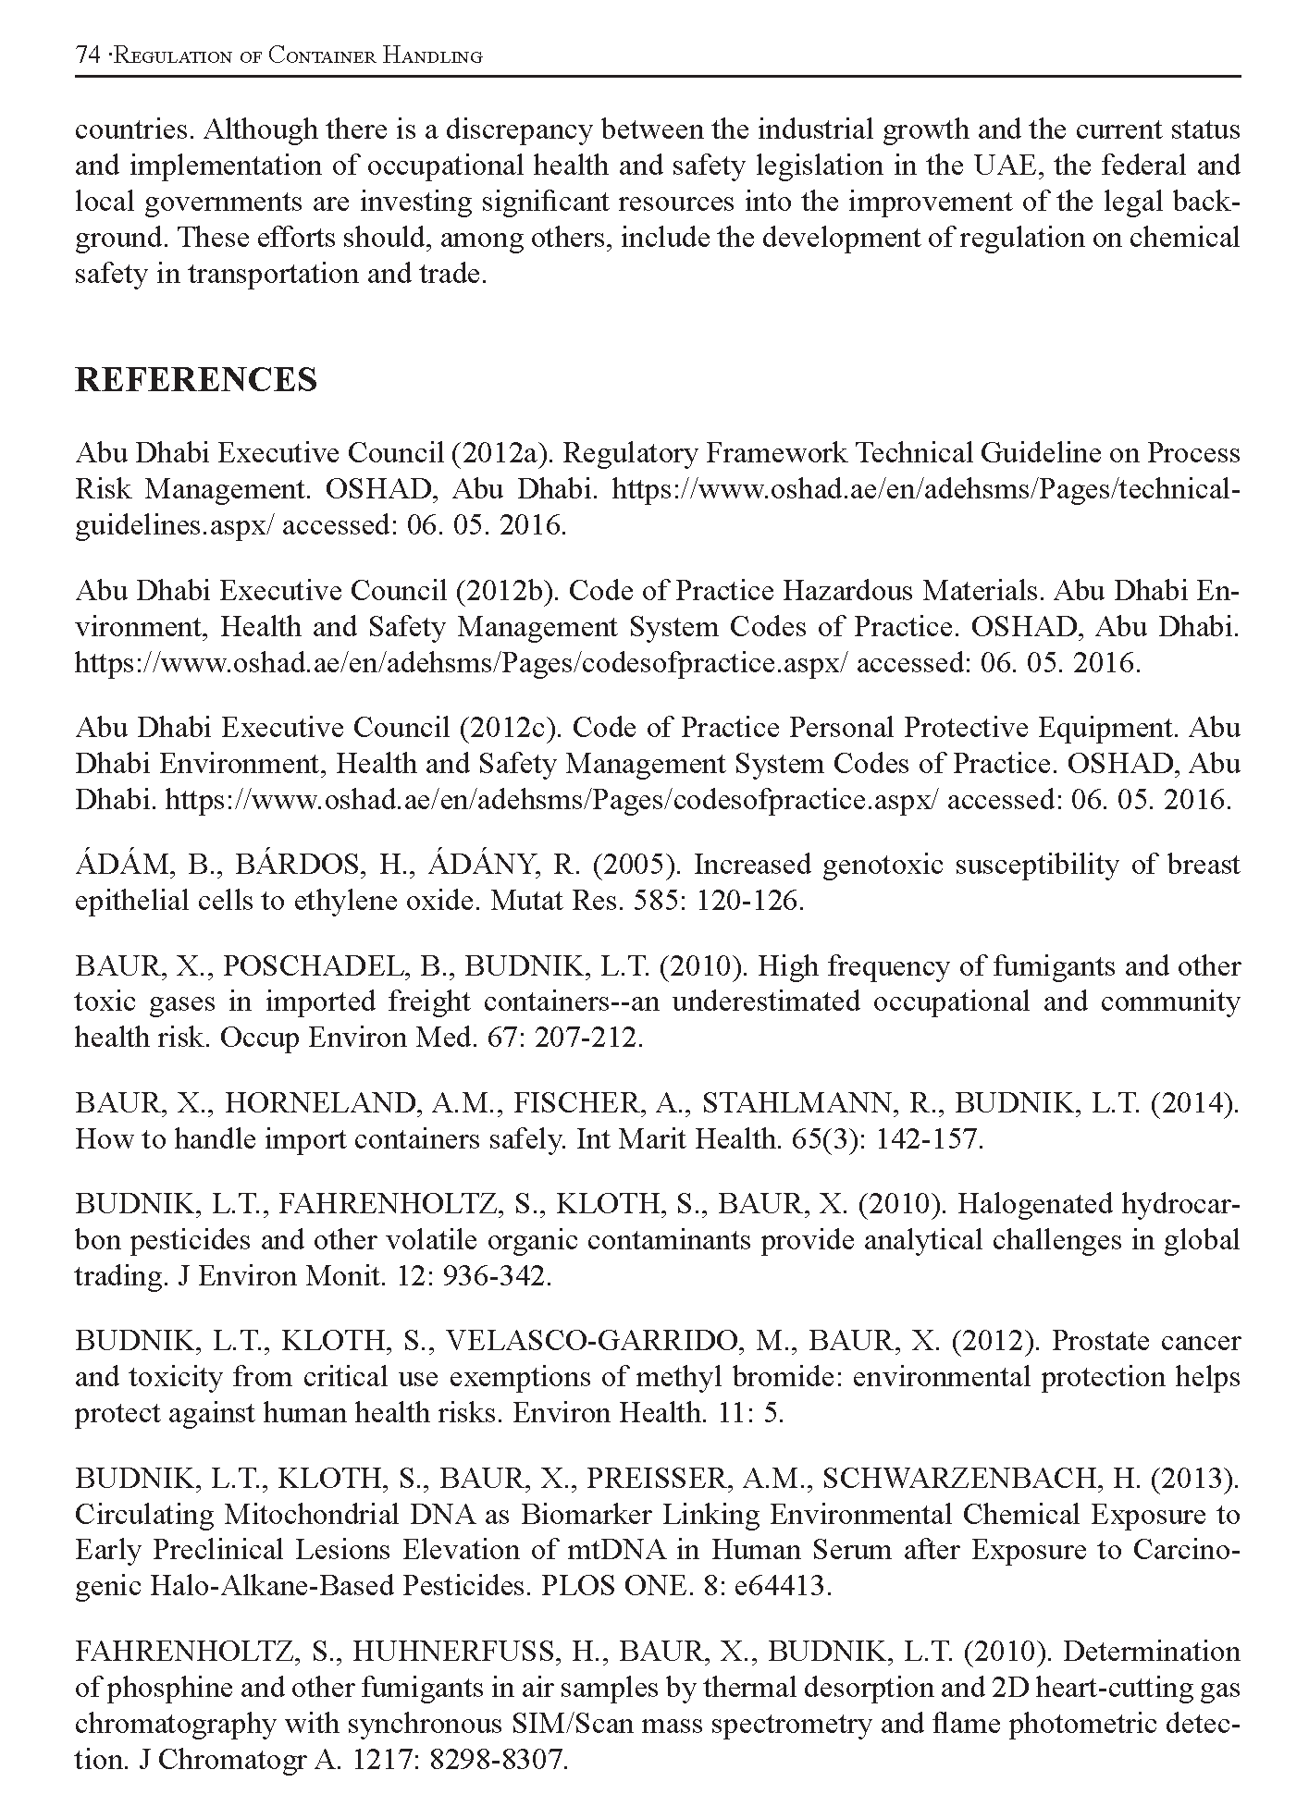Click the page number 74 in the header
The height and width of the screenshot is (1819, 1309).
coord(87,55)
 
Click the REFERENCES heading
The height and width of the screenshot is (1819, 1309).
coord(195,380)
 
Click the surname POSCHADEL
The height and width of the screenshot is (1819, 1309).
coord(315,966)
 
